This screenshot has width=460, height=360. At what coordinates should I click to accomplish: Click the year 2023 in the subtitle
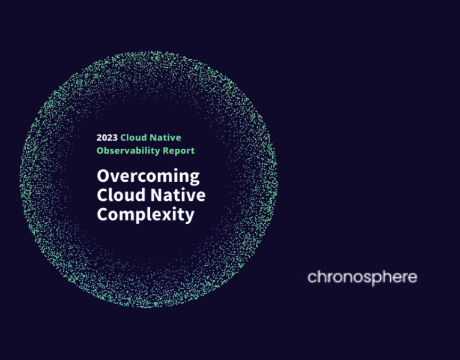[x=107, y=138]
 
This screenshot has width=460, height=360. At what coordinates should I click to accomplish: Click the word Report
[x=178, y=151]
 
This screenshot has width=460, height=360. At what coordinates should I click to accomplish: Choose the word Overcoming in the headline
[x=148, y=176]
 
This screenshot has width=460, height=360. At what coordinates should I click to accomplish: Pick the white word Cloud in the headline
[x=117, y=195]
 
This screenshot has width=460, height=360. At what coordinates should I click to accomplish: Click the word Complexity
[x=145, y=214]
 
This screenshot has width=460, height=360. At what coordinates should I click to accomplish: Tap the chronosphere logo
[x=362, y=277]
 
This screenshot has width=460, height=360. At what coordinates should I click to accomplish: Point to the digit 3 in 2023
[x=115, y=138]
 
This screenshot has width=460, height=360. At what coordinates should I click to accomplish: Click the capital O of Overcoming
[x=103, y=176]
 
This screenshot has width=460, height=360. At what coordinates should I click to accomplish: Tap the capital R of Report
[x=165, y=151]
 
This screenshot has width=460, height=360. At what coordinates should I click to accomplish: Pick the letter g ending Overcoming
[x=194, y=178]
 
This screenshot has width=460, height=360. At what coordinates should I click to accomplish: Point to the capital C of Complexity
[x=102, y=214]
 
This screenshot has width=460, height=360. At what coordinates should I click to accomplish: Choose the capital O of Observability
[x=100, y=151]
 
